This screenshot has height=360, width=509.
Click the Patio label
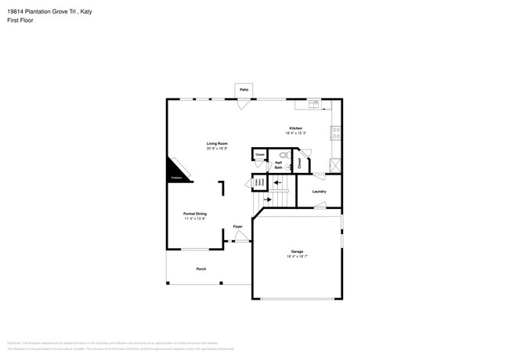[244, 91]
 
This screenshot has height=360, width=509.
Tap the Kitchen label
[296, 128]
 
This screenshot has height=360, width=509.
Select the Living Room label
[217, 143]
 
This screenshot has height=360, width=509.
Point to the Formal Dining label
[195, 214]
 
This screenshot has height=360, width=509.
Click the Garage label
[296, 252]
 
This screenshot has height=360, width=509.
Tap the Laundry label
[319, 191]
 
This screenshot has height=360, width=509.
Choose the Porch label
[201, 268]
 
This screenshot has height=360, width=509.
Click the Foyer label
[237, 227]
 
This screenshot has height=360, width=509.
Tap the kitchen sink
[314, 103]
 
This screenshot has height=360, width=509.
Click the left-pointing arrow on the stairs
[276, 182]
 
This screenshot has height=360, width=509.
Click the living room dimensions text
[217, 148]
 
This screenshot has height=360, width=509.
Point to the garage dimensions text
[296, 257]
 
